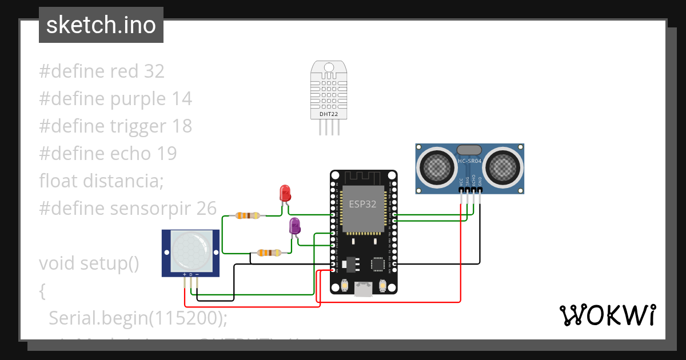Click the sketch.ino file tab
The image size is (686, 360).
coord(101,25)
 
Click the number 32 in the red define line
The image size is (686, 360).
coord(154,71)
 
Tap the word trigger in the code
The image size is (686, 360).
coord(138,126)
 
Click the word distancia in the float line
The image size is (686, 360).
coord(123,181)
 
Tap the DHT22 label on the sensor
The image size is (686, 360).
coord(328,114)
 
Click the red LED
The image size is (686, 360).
coord(284,193)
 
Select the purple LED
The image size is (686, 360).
coord(295,226)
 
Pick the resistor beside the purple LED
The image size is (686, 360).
coord(269,252)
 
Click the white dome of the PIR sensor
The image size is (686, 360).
coord(190,252)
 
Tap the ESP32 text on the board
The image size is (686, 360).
coord(363,204)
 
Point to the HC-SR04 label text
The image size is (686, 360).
coord(470,161)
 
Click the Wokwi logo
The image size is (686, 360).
coord(607,315)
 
